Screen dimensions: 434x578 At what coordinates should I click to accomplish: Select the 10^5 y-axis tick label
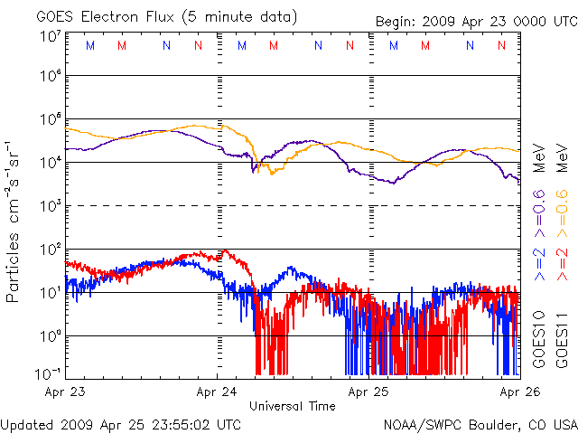click(x=51, y=120)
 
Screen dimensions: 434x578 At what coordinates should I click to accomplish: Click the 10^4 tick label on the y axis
click(x=51, y=163)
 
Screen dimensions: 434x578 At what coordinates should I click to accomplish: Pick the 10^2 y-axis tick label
click(x=51, y=250)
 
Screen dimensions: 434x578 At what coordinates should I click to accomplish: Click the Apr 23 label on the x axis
click(x=65, y=393)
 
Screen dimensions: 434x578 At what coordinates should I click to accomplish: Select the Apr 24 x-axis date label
click(x=218, y=393)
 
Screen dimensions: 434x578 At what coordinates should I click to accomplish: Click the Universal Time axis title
click(x=293, y=406)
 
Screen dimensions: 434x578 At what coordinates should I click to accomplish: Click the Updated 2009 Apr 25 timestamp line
click(x=122, y=423)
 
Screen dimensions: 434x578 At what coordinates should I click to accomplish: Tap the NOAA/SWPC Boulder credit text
click(x=480, y=423)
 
